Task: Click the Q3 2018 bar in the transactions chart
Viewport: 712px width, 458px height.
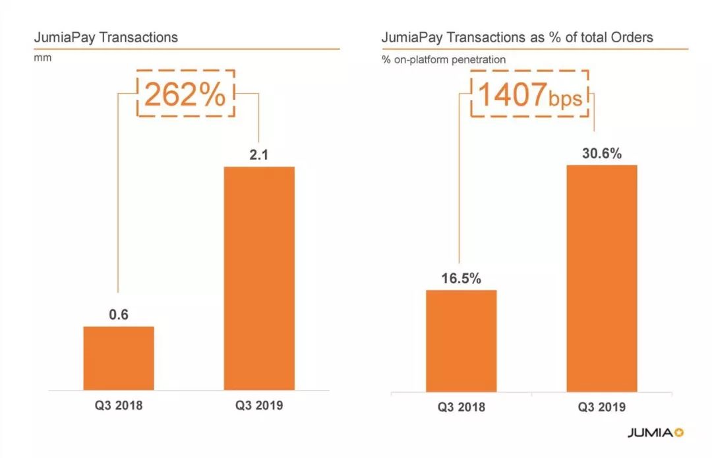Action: click(119, 358)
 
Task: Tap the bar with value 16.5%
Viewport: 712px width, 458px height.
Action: click(461, 341)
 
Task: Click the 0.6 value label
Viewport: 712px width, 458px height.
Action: click(119, 314)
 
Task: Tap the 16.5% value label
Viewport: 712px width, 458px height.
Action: click(461, 277)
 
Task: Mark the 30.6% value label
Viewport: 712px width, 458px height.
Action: click(601, 154)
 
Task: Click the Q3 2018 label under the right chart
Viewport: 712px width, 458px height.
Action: click(461, 407)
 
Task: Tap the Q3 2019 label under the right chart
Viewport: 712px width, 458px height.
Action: click(601, 407)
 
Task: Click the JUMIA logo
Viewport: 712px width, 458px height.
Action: click(649, 433)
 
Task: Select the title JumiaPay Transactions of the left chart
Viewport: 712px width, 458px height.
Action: click(105, 37)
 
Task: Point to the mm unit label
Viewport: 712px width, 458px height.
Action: click(42, 58)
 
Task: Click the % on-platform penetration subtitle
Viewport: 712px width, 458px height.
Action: click(444, 59)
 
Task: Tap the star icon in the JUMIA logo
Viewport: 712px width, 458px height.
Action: click(680, 433)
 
